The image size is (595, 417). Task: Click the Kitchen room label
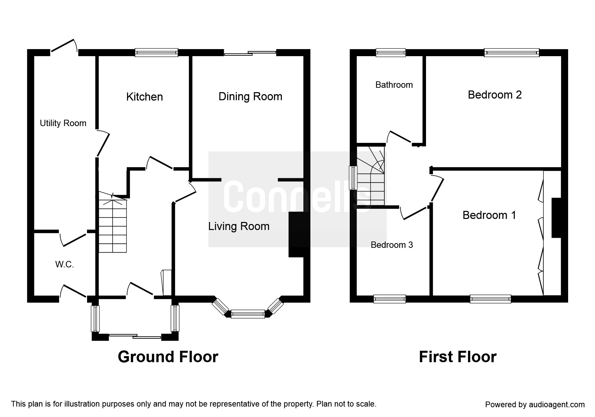click(x=144, y=97)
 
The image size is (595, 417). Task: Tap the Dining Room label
click(x=250, y=97)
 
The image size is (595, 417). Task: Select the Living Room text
click(x=239, y=226)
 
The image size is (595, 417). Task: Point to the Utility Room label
click(x=63, y=123)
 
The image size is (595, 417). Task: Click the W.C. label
click(x=65, y=265)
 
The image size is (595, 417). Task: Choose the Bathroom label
click(x=394, y=85)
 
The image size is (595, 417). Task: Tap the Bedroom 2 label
click(x=495, y=95)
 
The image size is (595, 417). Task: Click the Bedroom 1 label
click(x=489, y=215)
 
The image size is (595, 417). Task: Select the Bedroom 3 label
click(x=392, y=245)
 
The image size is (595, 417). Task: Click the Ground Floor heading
click(x=168, y=357)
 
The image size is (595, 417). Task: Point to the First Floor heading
click(x=458, y=357)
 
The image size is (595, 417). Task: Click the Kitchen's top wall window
click(x=156, y=52)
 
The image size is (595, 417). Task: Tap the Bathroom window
click(x=391, y=52)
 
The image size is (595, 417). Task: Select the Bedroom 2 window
click(x=512, y=52)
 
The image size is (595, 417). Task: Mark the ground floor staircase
click(x=113, y=222)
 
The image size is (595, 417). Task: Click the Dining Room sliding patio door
click(x=250, y=52)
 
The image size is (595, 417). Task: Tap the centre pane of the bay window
click(x=248, y=314)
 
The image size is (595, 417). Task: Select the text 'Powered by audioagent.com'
click(x=535, y=405)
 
